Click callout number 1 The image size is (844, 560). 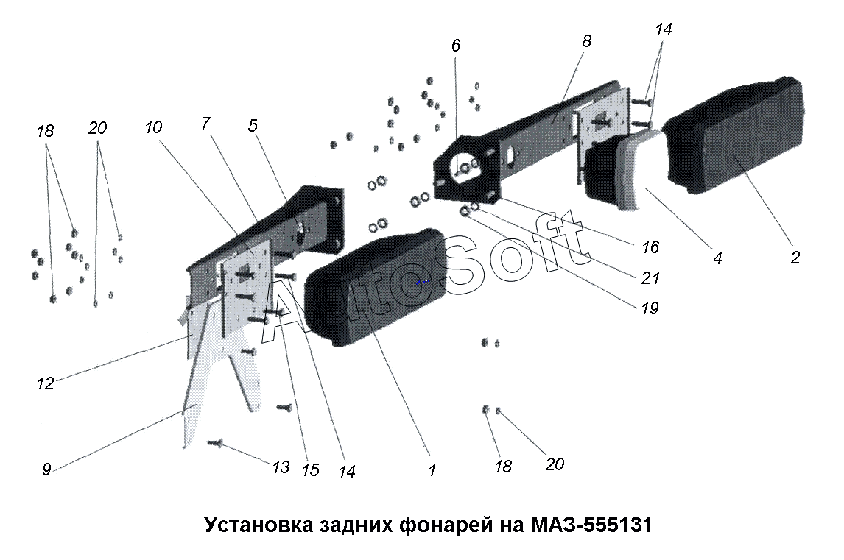click(x=432, y=469)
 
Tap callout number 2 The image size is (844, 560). click(x=795, y=257)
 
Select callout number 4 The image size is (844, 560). click(x=717, y=258)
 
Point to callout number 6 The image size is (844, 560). click(x=456, y=46)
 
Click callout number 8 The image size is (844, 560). click(x=586, y=41)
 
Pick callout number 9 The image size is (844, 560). click(x=46, y=469)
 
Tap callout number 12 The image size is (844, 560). click(x=46, y=383)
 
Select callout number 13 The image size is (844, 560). click(x=281, y=467)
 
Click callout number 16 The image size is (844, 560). click(x=650, y=247)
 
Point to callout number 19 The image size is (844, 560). click(x=650, y=308)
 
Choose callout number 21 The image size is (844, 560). click(x=650, y=277)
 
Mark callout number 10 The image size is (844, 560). click(x=153, y=127)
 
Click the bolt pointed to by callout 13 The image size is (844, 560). click(x=215, y=443)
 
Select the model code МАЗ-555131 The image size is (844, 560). click(x=591, y=524)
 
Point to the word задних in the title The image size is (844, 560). click(x=356, y=525)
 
